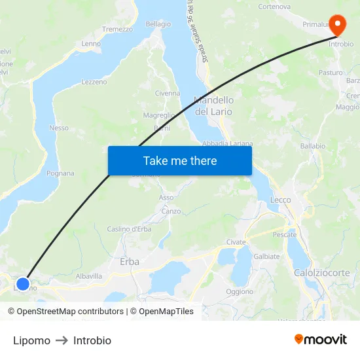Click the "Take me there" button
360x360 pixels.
click(x=179, y=160)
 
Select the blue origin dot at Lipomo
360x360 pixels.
click(x=23, y=284)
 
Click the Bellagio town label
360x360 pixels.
click(x=158, y=24)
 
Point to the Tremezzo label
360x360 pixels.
click(x=117, y=29)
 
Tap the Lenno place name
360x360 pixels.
click(x=90, y=44)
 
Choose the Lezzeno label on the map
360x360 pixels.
click(x=94, y=82)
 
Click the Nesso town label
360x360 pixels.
click(x=58, y=128)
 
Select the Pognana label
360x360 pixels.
click(x=60, y=173)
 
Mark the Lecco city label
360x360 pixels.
click(x=280, y=200)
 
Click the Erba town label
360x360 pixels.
click(x=130, y=261)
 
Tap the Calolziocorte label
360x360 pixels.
click(x=321, y=272)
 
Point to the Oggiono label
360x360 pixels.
click(x=239, y=291)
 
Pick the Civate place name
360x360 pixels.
click(x=236, y=242)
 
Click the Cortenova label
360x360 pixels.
click(x=274, y=7)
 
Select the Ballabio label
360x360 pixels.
click(x=312, y=146)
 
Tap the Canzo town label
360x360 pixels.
click(x=171, y=211)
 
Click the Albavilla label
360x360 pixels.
click(x=88, y=276)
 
